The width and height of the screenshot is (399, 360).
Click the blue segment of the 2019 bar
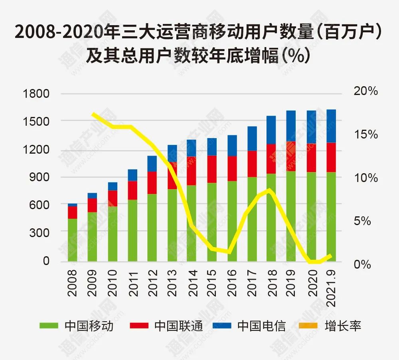[x=291, y=126]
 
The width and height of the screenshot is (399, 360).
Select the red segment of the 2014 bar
[x=192, y=171]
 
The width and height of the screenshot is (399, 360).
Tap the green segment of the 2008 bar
[x=72, y=239]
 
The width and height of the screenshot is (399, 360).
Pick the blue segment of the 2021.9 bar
[x=331, y=126]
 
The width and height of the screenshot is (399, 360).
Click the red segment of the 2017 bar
[x=252, y=164]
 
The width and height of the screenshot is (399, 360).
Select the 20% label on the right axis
[x=365, y=91]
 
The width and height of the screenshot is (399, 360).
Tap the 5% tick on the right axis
[x=362, y=221]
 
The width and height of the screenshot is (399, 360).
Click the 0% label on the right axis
[x=362, y=265]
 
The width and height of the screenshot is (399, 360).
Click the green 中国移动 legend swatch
[x=49, y=326]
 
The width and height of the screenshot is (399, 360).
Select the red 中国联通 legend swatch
[x=139, y=326]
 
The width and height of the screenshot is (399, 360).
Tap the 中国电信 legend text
[x=262, y=326]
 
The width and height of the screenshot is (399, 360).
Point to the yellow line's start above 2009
[x=93, y=114]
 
